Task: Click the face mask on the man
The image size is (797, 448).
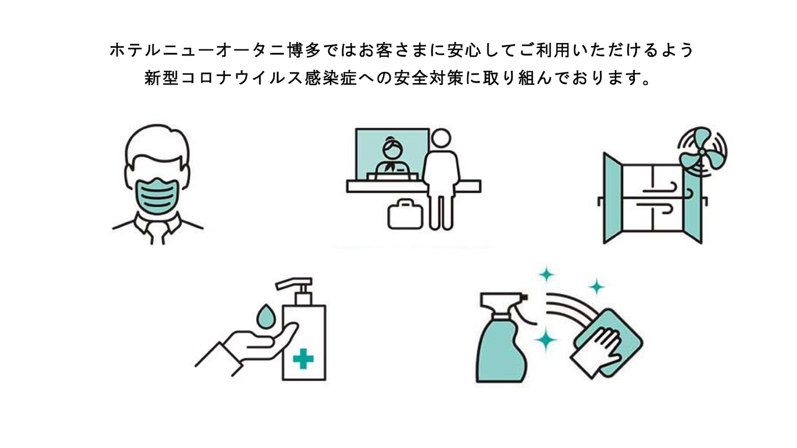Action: pos(157,196)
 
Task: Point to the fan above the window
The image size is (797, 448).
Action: pos(702,152)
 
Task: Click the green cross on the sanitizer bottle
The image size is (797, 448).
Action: pos(303,359)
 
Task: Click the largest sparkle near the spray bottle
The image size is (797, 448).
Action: pos(546,340)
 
